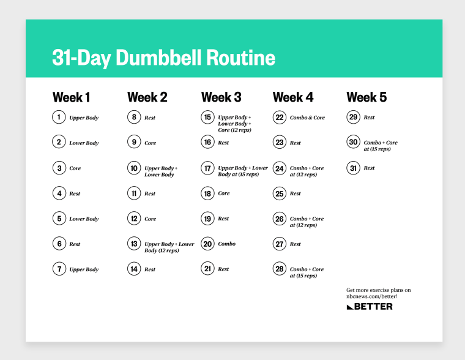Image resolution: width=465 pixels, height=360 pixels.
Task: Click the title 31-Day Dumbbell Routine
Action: tap(163, 58)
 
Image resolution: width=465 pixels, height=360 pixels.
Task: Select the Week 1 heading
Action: tap(71, 97)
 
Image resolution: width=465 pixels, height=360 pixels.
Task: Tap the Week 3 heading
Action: tap(221, 97)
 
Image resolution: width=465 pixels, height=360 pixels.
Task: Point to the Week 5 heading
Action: tap(366, 97)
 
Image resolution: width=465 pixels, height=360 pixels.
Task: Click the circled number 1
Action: tap(59, 117)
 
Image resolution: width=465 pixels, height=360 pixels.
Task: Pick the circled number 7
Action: tap(59, 269)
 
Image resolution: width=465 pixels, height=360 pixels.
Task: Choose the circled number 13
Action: tap(134, 244)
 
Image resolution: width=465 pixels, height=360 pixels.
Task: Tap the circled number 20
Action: tap(207, 244)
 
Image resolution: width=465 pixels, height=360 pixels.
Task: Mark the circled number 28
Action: tap(280, 269)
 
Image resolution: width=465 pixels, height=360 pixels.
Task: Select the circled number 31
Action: tap(353, 168)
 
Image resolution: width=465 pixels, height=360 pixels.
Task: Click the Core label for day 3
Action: tap(75, 168)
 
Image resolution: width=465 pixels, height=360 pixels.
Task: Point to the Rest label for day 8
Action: tap(150, 118)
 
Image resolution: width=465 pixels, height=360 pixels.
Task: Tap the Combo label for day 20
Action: tap(226, 244)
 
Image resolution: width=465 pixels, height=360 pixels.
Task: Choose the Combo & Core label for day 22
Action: tap(307, 118)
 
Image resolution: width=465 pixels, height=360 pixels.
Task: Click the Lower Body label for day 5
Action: tap(84, 219)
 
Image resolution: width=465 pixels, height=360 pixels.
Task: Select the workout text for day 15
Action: tap(234, 123)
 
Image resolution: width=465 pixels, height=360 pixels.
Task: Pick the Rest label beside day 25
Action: tap(296, 193)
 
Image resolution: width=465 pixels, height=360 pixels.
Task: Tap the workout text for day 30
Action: tap(381, 146)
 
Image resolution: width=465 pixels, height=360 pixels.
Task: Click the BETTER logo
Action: tap(370, 306)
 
